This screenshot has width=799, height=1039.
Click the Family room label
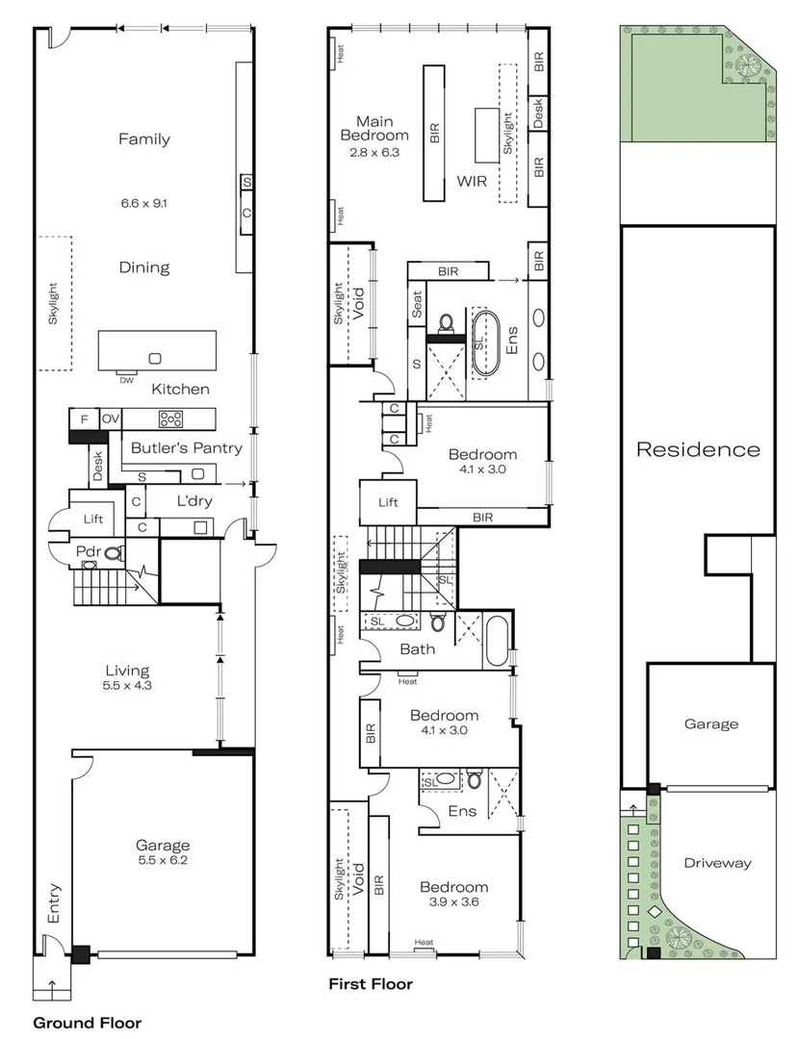point(144,139)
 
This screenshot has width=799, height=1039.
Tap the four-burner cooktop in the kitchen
point(172,418)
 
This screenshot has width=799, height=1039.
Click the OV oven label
point(111,418)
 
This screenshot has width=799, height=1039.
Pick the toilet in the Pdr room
point(115,553)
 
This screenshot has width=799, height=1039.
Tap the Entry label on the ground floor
point(54,904)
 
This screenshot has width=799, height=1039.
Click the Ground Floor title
point(88,1023)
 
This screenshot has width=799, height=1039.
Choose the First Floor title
point(371,984)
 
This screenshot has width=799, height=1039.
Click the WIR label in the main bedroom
point(472,181)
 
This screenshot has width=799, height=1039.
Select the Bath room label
point(418,649)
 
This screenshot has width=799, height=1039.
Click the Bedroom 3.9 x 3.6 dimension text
point(452,903)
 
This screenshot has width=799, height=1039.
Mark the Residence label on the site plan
point(698,449)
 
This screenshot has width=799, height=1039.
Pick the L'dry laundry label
point(194,501)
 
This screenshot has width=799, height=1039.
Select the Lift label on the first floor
point(388,502)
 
